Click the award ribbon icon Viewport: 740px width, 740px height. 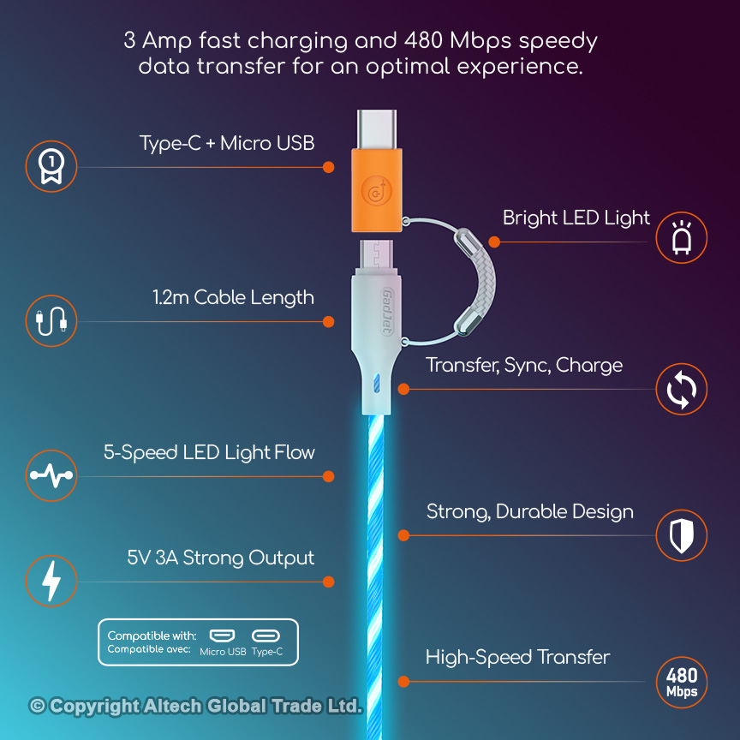pos(51,166)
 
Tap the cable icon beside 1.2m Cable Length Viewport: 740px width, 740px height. pos(51,321)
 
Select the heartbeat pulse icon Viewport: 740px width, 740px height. pos(51,475)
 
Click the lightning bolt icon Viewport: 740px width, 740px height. pos(51,581)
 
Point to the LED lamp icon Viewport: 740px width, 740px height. pos(682,237)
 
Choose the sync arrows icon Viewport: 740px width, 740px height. pos(682,390)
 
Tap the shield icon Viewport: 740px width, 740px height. pos(682,535)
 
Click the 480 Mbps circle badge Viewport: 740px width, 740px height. pos(682,683)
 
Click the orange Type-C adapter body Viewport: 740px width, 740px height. pos(377,190)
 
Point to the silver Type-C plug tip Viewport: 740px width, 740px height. pos(377,129)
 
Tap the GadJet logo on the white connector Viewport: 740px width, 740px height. pos(387,312)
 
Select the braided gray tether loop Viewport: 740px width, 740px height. pos(475,282)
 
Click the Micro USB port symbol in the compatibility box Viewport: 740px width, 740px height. pos(222,636)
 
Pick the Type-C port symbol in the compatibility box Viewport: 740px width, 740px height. pos(266,636)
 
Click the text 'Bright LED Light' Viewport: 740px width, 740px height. pos(576,218)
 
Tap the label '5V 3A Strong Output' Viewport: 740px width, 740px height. pos(220,558)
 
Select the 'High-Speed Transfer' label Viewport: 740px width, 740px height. pos(517,658)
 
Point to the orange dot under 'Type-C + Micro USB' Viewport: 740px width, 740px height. pos(329,167)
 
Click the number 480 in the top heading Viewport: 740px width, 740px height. pos(424,40)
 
